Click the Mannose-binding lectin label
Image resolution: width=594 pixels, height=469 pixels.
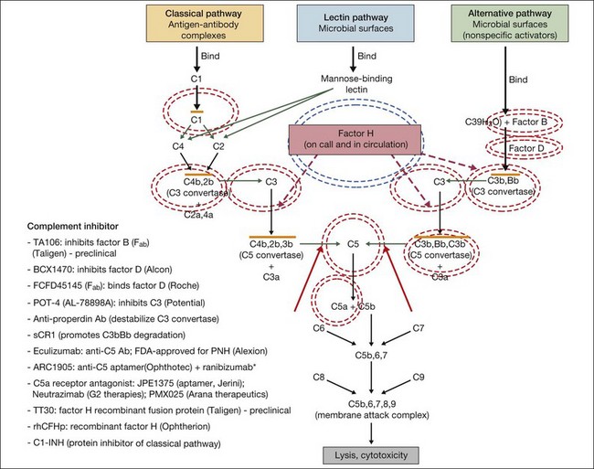point(342,85)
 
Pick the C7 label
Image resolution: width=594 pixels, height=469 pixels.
point(419,326)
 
